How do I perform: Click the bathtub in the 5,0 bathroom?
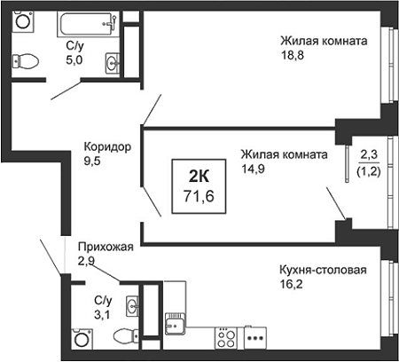tap(88, 24)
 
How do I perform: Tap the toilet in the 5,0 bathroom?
tap(26, 61)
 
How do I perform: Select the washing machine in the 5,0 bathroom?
tap(23, 20)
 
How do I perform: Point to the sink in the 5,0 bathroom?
tap(113, 63)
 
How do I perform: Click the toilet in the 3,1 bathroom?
tap(126, 335)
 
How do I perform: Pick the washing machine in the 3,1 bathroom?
tap(82, 338)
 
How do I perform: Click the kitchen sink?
tap(175, 324)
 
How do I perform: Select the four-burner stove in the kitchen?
tap(226, 338)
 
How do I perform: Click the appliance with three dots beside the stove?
tap(255, 338)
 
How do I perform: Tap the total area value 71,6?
tap(199, 196)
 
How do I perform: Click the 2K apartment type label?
tap(199, 177)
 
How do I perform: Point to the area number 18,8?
tap(293, 55)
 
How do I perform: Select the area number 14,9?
tap(253, 169)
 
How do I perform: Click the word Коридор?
tap(107, 146)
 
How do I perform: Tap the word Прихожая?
tap(106, 247)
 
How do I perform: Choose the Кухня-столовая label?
tap(323, 270)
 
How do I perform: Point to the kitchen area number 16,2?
tap(291, 284)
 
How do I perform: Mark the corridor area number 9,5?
tap(92, 161)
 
